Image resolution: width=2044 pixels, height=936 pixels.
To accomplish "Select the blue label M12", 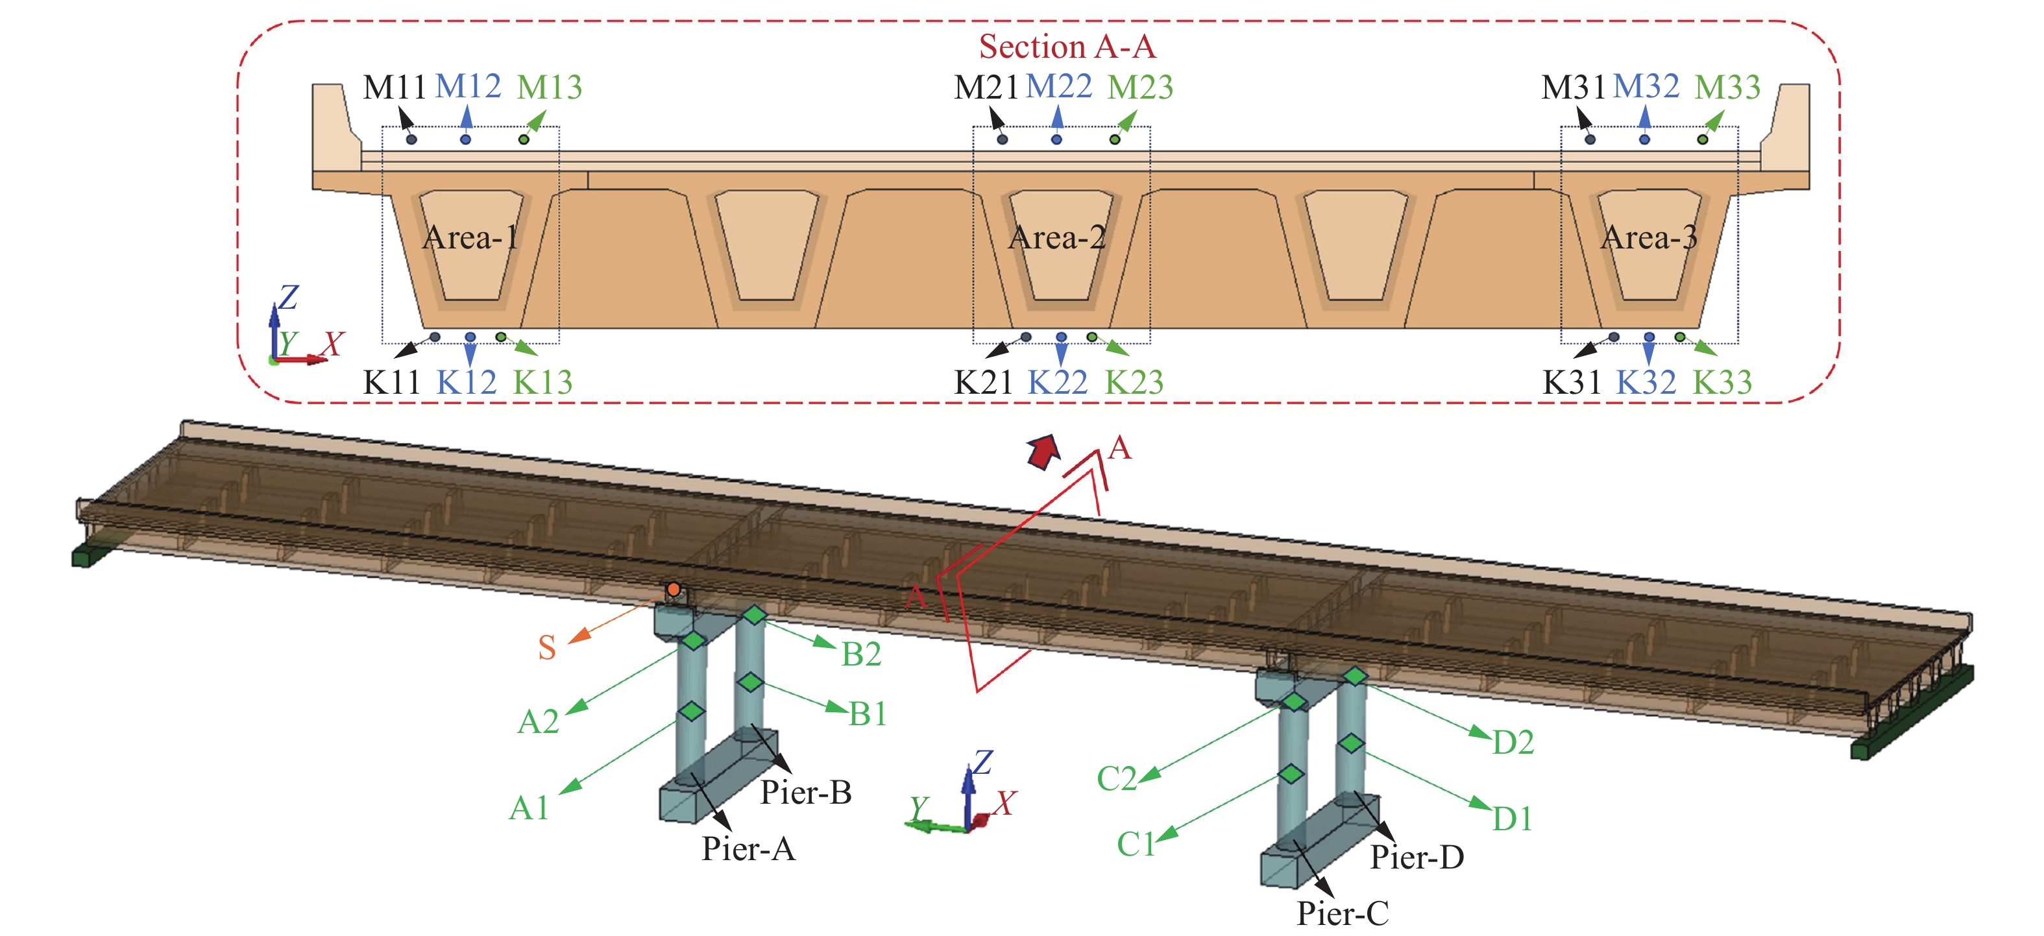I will [468, 86].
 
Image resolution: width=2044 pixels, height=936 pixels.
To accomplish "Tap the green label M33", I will [1727, 86].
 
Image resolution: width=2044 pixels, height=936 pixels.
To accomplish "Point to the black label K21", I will [983, 382].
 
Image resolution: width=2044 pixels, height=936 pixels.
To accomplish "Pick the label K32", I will [1646, 382].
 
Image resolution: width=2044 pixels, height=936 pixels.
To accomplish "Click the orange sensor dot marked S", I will [673, 590].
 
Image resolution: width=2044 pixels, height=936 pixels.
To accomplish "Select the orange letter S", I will [547, 648].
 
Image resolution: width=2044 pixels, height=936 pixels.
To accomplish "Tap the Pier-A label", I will [748, 848].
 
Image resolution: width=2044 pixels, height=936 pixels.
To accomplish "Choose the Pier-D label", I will [1417, 858].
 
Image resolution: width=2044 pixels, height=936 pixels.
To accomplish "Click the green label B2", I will [861, 654].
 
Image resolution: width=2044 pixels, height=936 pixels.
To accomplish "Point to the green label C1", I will [1136, 844].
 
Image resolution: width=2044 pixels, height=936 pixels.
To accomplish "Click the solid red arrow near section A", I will [1043, 451].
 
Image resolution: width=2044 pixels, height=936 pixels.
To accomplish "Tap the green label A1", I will [528, 808].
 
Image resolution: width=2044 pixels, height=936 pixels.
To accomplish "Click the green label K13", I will [542, 382].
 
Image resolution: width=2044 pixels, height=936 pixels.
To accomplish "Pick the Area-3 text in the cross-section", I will [1649, 237].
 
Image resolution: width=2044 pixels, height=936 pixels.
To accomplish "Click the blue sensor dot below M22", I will [1056, 139].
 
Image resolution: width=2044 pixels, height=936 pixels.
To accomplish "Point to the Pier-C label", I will [1343, 914].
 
